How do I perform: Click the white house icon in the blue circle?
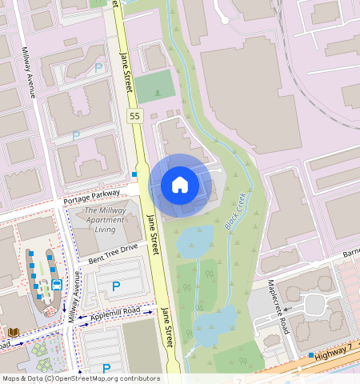(180, 185)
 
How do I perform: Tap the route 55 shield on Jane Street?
(134, 116)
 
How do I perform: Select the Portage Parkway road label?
(91, 196)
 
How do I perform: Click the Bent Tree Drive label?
(113, 254)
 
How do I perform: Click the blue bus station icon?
(57, 285)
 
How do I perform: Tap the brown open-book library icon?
(13, 331)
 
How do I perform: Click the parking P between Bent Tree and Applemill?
(116, 286)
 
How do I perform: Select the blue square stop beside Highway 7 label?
(311, 354)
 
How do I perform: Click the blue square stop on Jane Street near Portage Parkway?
(134, 174)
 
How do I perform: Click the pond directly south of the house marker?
(194, 242)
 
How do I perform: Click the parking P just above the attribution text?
(106, 368)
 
